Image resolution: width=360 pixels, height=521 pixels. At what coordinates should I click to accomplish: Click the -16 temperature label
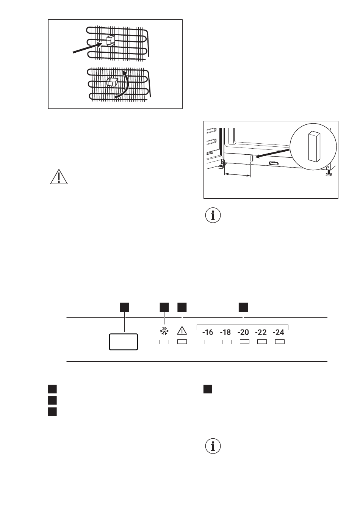pos(208,332)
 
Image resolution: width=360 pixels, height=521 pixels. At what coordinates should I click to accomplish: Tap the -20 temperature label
pos(243,332)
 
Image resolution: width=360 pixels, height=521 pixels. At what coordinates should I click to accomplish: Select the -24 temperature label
pos(279,332)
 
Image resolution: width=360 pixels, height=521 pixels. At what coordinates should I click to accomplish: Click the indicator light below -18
pos(227,342)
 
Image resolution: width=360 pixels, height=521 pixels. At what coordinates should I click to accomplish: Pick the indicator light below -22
pos(262,342)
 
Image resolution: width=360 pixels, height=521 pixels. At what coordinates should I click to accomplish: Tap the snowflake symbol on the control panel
pos(164,331)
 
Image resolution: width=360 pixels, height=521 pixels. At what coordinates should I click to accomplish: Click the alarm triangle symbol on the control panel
pos(182,331)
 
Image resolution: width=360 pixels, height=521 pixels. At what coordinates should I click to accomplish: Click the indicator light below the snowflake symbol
pos(164,342)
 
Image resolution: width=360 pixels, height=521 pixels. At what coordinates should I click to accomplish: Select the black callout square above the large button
pos(124,308)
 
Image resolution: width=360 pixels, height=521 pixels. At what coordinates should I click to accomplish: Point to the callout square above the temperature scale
pos(243,308)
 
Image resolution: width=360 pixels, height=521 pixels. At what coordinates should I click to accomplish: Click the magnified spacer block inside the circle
pos(313,147)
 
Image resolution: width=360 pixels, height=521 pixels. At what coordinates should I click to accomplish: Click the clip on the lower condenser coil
pos(112,82)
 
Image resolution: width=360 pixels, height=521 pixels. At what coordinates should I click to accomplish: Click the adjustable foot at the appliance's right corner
pos(328,174)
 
